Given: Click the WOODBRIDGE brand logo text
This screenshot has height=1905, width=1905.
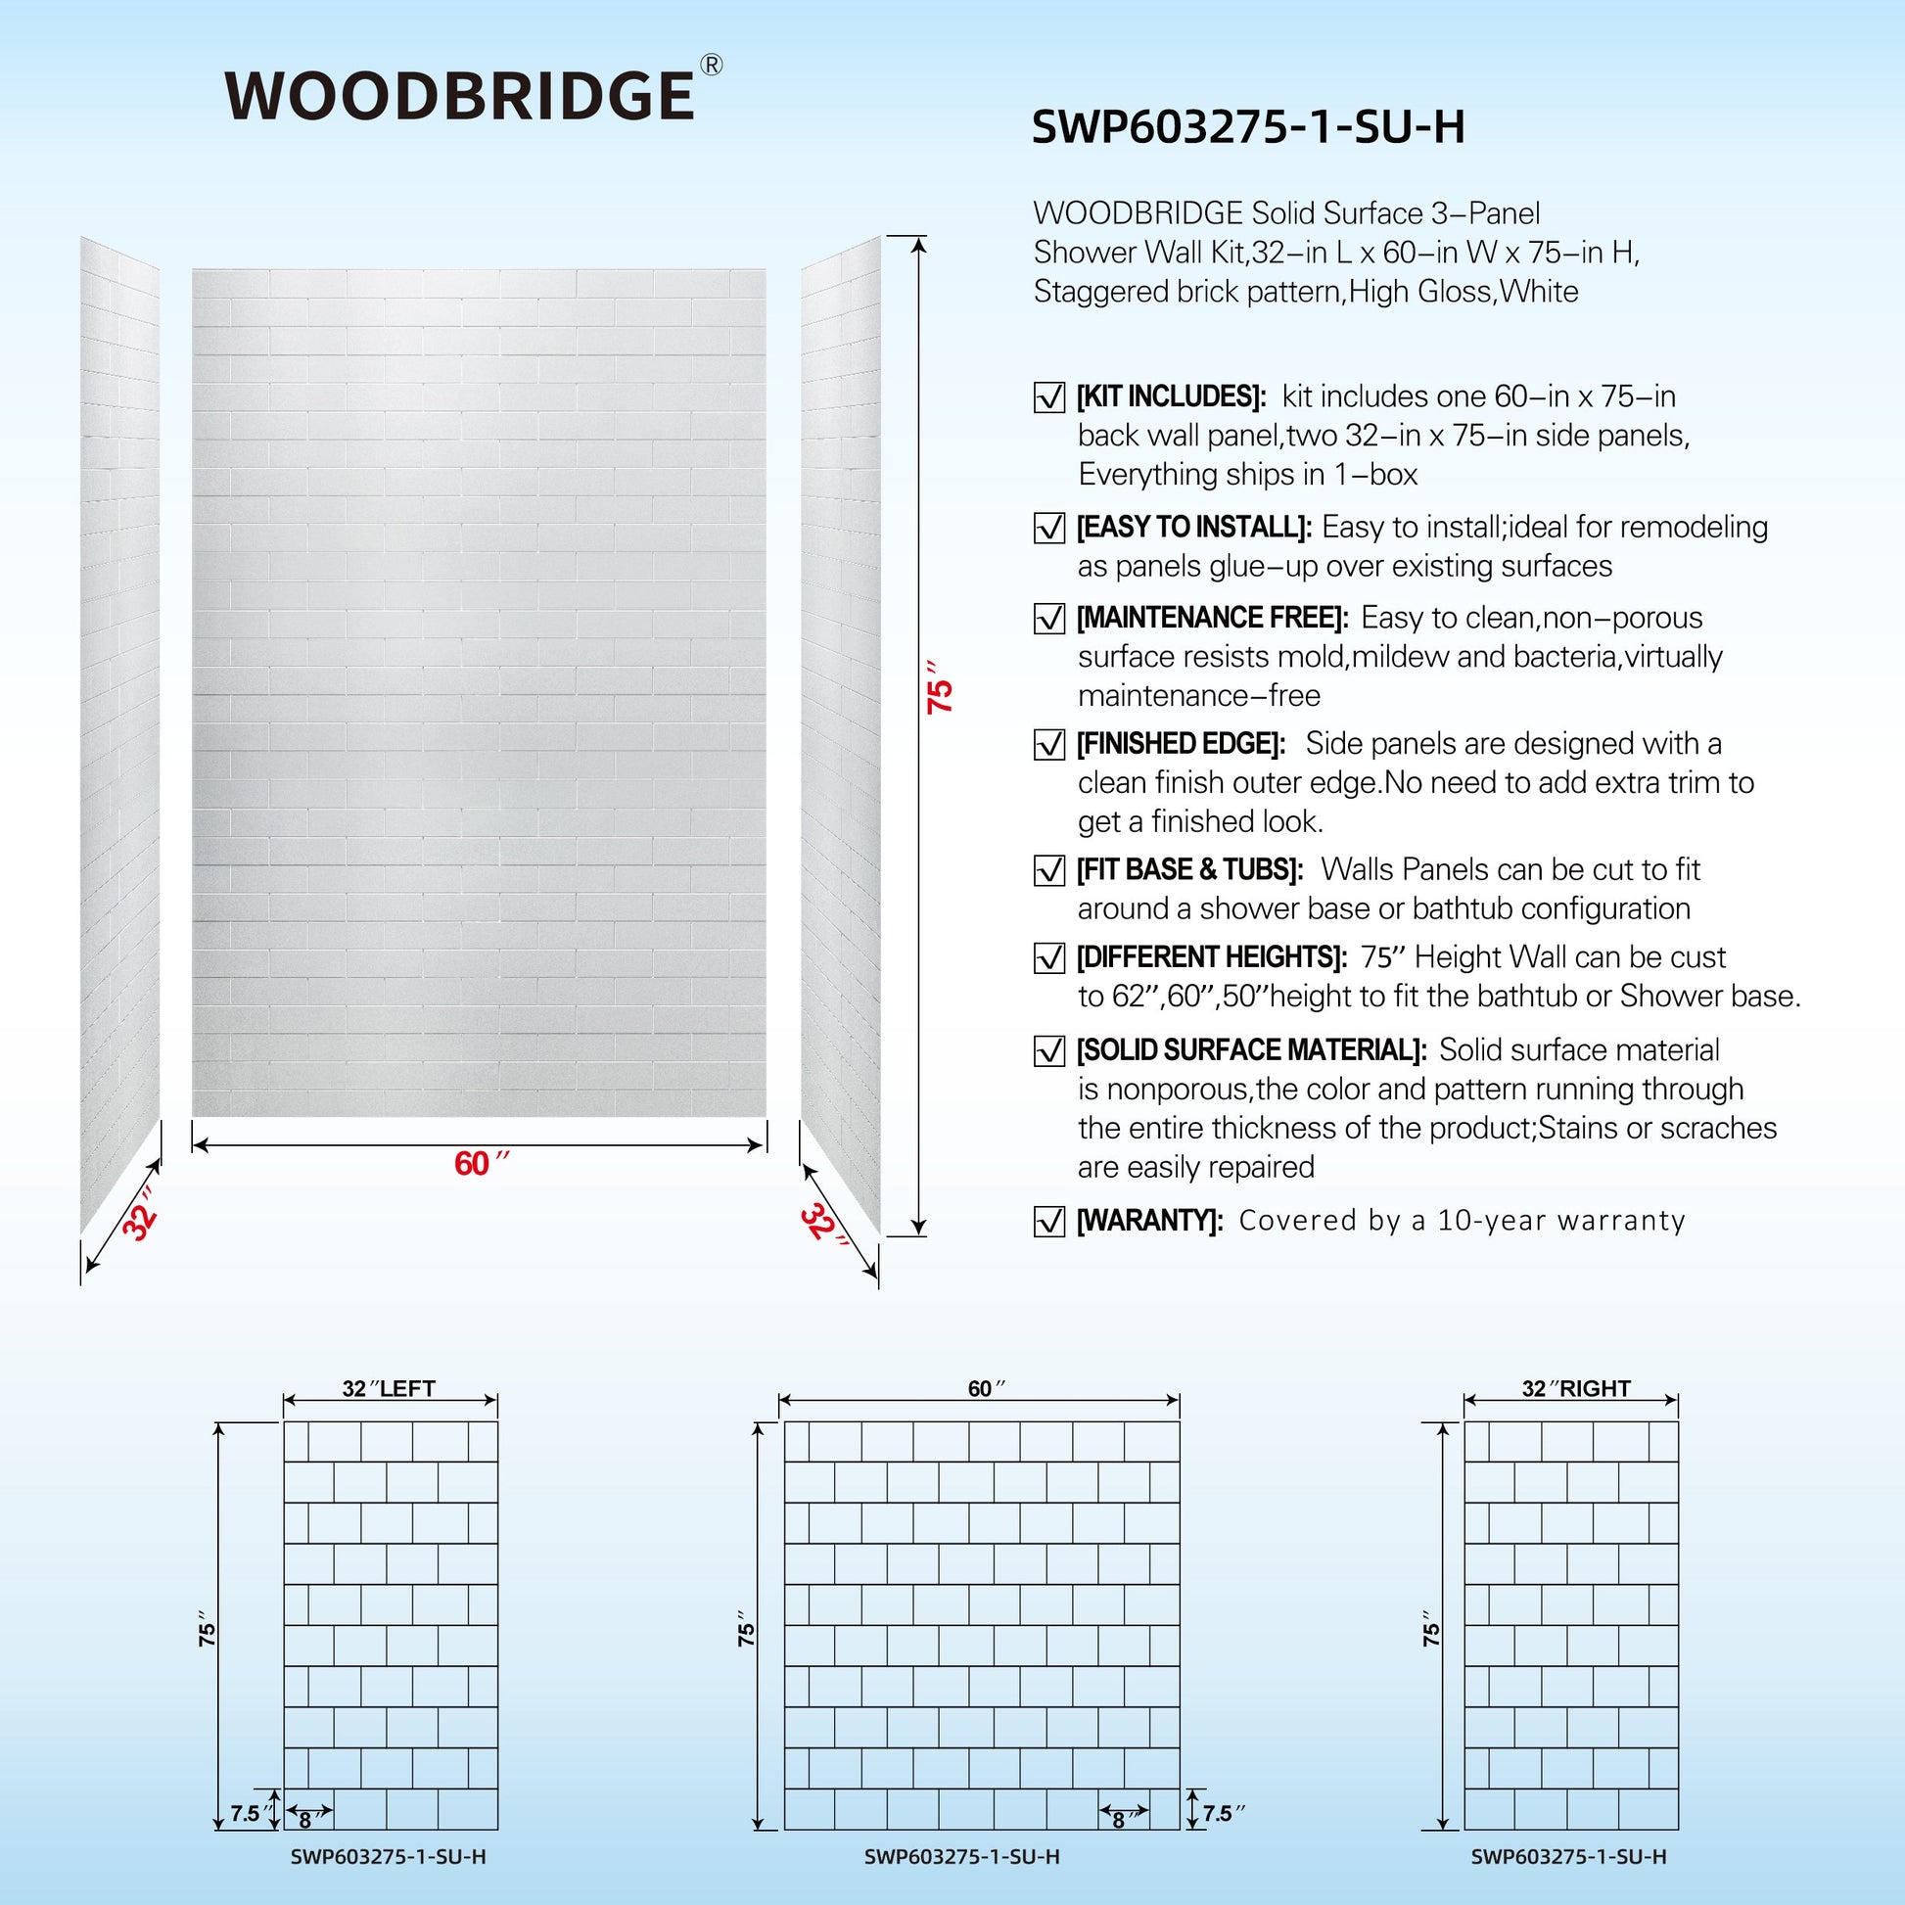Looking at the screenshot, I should pos(459,96).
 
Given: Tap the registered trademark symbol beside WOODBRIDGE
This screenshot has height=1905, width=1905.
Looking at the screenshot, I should pos(710,65).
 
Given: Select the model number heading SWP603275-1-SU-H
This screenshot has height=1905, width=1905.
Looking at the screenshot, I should pos(1247,127).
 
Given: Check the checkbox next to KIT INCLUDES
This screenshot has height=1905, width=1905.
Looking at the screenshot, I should pos(1049,397).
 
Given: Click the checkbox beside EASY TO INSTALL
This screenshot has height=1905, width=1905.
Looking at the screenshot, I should pos(1049,528).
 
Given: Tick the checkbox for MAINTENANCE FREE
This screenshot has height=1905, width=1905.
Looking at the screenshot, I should pos(1049,619).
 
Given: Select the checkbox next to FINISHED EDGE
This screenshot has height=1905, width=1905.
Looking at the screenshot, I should pos(1049,744).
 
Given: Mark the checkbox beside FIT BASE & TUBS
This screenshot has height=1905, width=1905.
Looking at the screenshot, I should pos(1049,870).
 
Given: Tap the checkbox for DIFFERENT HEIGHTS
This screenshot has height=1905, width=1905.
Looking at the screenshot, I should pos(1049,957).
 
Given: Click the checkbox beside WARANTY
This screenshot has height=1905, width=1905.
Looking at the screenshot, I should pos(1049,1222).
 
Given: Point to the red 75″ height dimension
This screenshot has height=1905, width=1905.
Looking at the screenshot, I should pos(943,694).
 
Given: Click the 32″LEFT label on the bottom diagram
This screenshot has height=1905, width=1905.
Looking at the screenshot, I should pos(389,1388).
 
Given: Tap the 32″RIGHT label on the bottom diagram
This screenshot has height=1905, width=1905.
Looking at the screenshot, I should pos(1576,1388).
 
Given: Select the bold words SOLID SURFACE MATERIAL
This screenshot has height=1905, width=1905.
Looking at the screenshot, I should pos(1250,1050).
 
